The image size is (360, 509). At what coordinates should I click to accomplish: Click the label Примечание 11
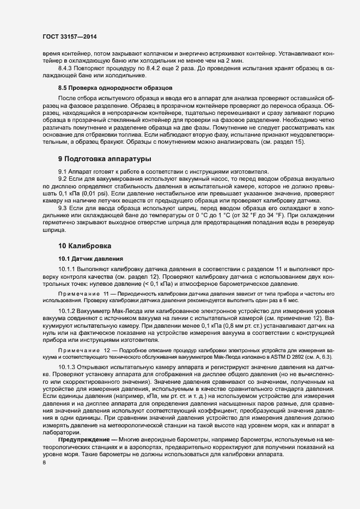pyautogui.click(x=82, y=293)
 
